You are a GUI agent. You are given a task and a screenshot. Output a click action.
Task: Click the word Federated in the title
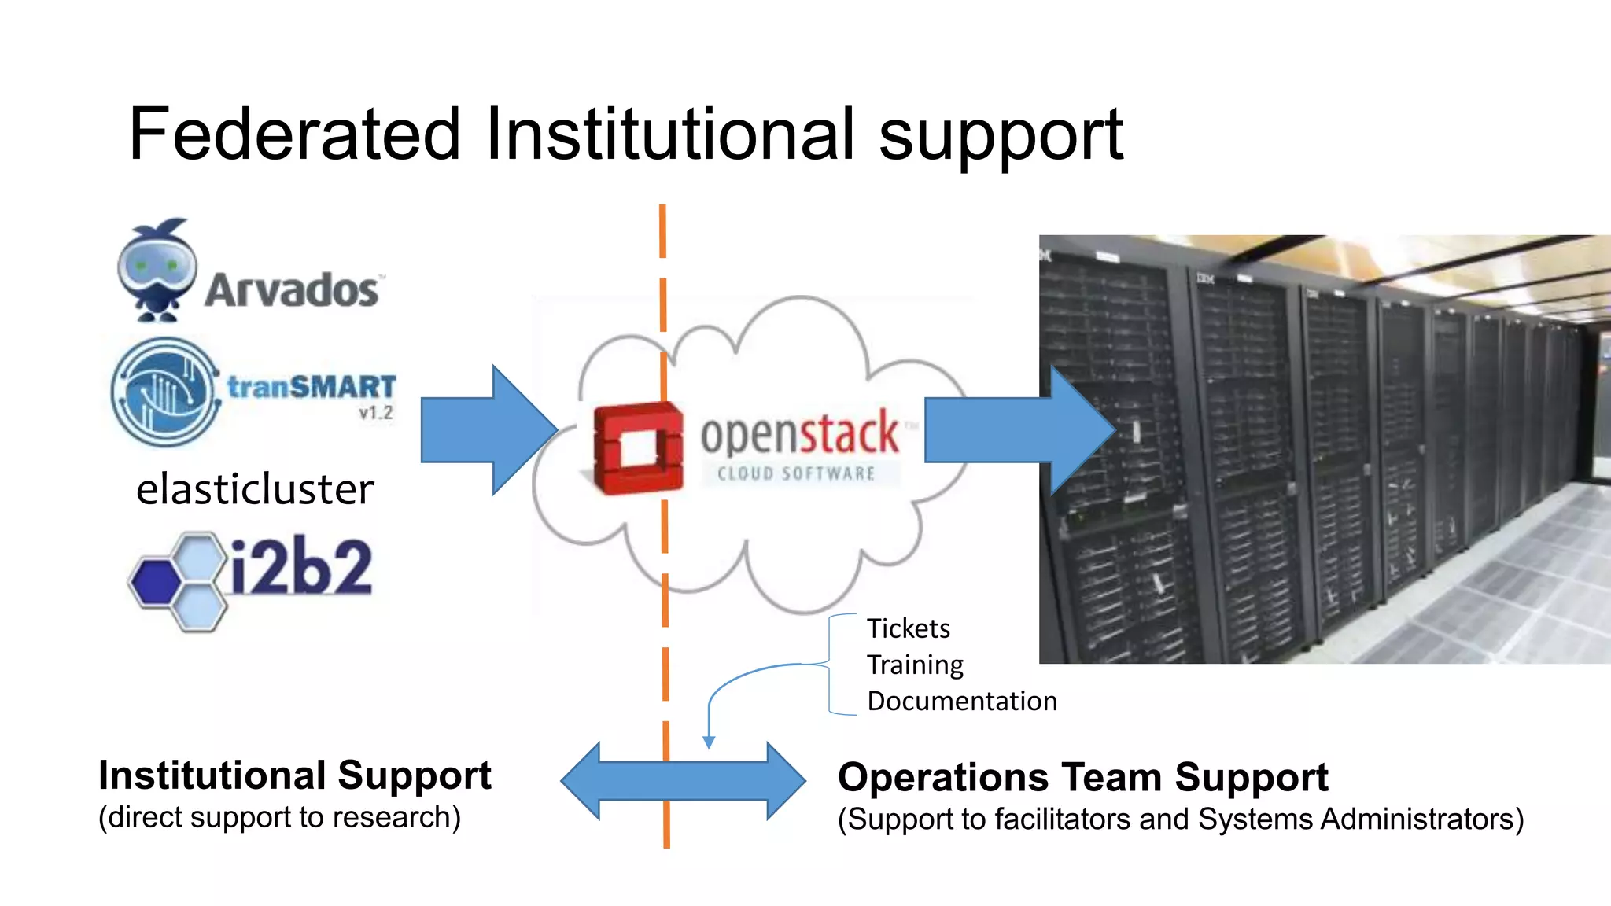click(x=294, y=134)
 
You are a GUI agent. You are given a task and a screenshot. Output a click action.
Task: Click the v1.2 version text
click(x=376, y=413)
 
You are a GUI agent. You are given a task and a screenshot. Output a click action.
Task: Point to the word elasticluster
click(x=255, y=489)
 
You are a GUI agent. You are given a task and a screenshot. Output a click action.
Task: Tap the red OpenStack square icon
click(x=638, y=447)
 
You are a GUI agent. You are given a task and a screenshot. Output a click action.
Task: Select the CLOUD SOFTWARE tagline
click(x=796, y=473)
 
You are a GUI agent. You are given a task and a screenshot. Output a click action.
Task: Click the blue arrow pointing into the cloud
click(x=488, y=430)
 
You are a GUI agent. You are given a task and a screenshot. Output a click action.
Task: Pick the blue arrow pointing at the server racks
click(x=1019, y=430)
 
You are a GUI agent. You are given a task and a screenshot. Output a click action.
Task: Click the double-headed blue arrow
click(x=683, y=781)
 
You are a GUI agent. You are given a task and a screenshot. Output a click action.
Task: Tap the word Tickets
click(x=909, y=628)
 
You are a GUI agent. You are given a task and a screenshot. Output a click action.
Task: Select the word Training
click(x=915, y=665)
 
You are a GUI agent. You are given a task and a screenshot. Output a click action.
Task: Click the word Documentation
click(x=962, y=701)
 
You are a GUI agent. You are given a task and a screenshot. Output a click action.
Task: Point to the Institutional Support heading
click(x=295, y=775)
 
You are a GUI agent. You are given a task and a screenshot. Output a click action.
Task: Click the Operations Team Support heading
click(x=1082, y=777)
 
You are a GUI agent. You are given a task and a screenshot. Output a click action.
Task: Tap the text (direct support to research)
click(x=279, y=818)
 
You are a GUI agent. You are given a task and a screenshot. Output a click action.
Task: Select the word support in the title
click(x=1001, y=134)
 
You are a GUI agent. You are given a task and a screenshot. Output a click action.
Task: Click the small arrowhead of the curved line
click(x=709, y=742)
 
